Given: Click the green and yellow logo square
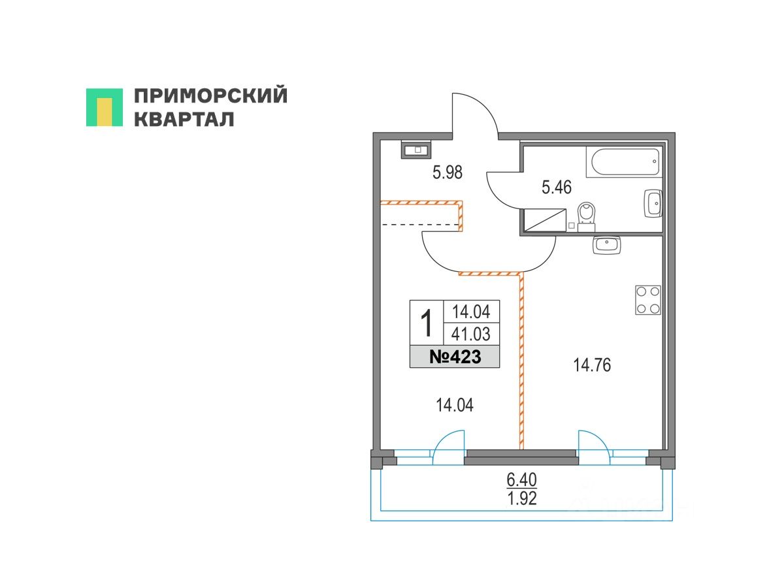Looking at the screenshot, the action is tap(105, 107).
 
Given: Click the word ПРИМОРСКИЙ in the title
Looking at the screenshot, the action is tap(210, 96).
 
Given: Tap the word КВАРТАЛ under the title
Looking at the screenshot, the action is tap(184, 119).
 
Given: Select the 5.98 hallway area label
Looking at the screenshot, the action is tap(448, 172).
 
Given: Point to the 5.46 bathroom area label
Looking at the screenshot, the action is tap(557, 188).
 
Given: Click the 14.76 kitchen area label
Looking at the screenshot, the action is tap(592, 366).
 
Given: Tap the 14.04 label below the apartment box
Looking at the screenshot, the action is tap(455, 406).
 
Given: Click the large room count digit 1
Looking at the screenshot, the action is tap(426, 323).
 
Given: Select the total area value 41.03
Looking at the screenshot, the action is tap(471, 335).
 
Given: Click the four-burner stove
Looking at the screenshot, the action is tap(647, 300).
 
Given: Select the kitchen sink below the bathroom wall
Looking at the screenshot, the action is tap(607, 245).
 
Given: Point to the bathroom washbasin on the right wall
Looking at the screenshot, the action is tap(653, 203).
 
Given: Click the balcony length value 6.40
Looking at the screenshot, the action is tap(521, 480).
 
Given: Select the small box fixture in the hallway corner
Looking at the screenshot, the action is tap(416, 150).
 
